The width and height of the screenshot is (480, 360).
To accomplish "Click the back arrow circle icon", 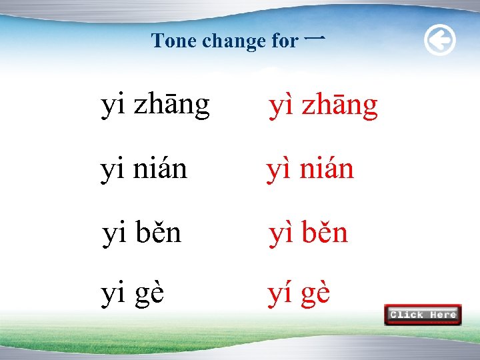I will tap(440, 41).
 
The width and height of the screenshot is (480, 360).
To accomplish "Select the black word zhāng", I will tap(171, 105).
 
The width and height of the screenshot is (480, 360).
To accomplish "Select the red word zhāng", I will tap(339, 107).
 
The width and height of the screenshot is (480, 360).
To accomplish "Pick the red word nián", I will tap(327, 170).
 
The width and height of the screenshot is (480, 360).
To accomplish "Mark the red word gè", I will tap(314, 294).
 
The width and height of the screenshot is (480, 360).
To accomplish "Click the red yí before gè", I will tap(279, 294).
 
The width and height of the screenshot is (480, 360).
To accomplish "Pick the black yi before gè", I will tap(113, 294).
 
